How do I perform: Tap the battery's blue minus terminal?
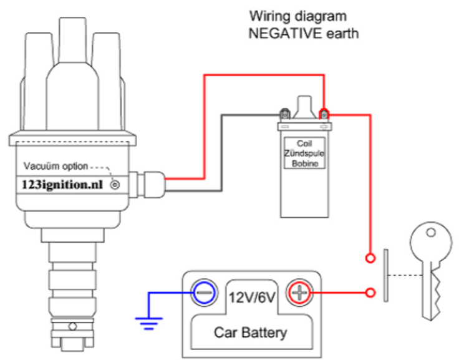pyautogui.click(x=205, y=293)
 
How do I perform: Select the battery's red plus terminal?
pyautogui.click(x=299, y=293)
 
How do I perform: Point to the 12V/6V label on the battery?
pyautogui.click(x=252, y=298)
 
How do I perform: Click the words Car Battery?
pyautogui.click(x=250, y=333)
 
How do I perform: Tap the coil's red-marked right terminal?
pyautogui.click(x=324, y=114)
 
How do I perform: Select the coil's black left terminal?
pyautogui.click(x=285, y=114)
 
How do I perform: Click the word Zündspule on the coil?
pyautogui.click(x=304, y=153)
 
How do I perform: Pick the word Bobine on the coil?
pyautogui.click(x=305, y=163)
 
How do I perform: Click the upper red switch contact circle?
pyautogui.click(x=370, y=258)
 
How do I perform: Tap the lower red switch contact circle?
pyautogui.click(x=370, y=293)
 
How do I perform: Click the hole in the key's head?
pyautogui.click(x=430, y=233)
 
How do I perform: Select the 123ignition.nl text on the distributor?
pyautogui.click(x=62, y=185)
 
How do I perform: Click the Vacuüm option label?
pyautogui.click(x=56, y=166)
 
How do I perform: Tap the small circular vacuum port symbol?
pyautogui.click(x=115, y=185)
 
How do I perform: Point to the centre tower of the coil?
pyautogui.click(x=304, y=107)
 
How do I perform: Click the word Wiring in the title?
pyautogui.click(x=267, y=16)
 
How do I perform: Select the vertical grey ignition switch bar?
pyautogui.click(x=386, y=275)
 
